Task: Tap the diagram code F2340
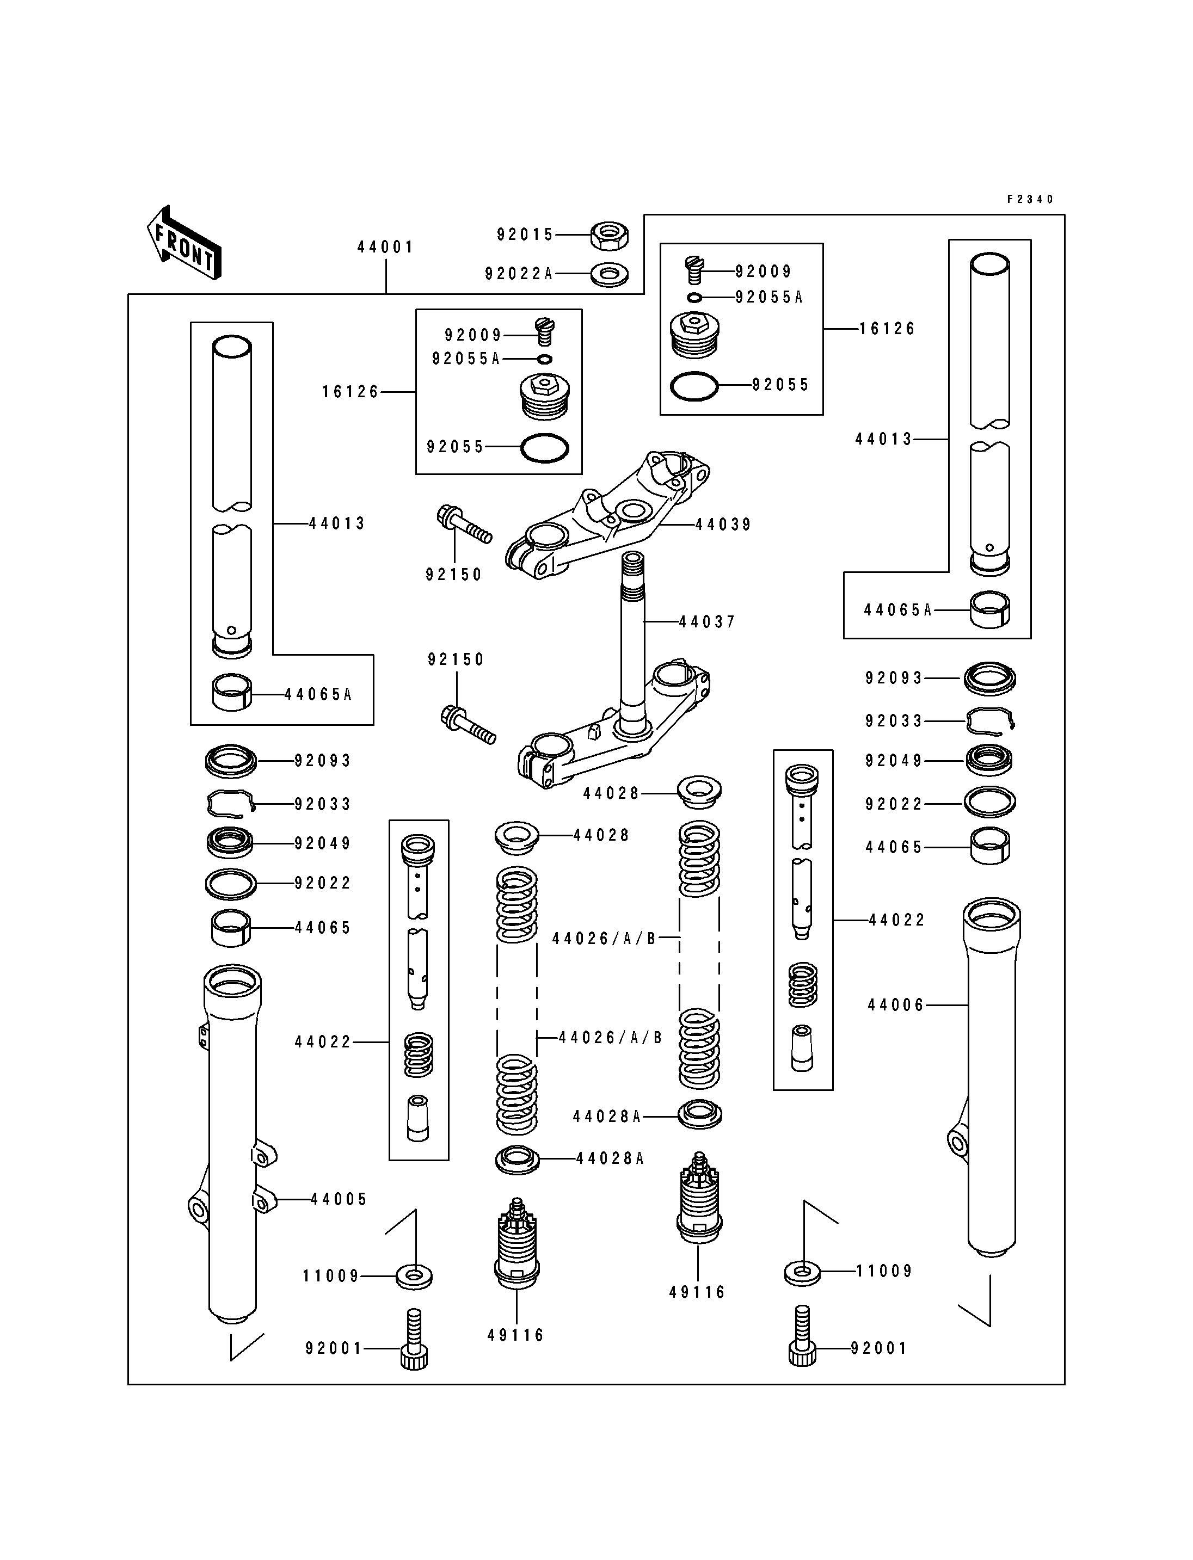pos(1030,200)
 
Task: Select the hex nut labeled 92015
pos(609,235)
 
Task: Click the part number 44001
pos(385,247)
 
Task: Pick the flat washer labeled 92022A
pos(608,275)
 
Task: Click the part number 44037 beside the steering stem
pos(708,622)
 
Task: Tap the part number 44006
pos(896,1005)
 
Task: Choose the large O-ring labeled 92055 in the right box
pos(694,386)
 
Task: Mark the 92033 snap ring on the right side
pos(990,722)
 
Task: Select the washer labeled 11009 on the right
pos(802,1272)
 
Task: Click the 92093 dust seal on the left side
pos(231,761)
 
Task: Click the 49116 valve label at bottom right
pos(697,1292)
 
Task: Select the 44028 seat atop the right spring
pos(699,792)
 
